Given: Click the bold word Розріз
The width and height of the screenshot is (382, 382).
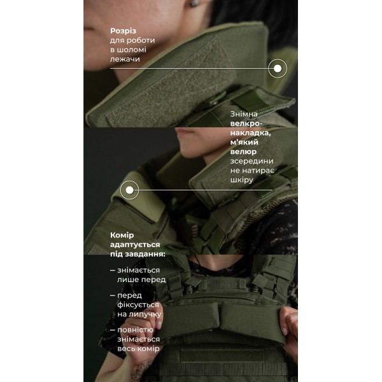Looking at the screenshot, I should [x=124, y=31].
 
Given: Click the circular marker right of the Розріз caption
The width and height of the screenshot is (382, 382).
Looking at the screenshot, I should [x=277, y=68].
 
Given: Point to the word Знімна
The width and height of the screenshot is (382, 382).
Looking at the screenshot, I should [x=245, y=115].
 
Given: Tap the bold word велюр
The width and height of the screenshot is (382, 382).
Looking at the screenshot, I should [x=244, y=152].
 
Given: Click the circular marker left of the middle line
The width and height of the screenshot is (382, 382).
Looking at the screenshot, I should [x=129, y=190].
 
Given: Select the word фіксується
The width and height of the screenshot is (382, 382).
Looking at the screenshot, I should [x=139, y=305].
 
